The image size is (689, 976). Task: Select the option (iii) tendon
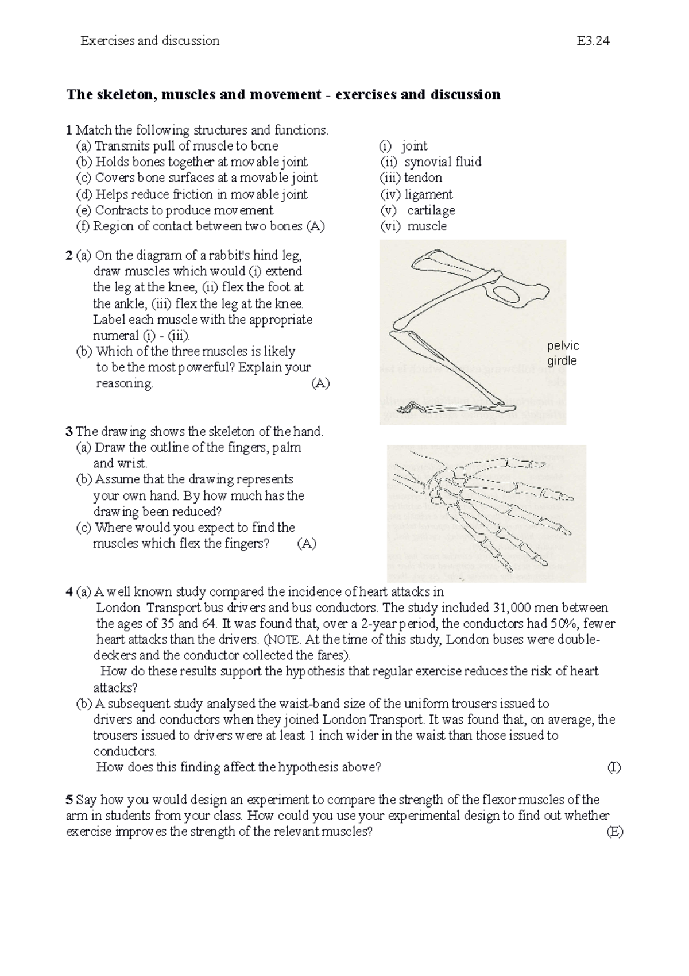pyautogui.click(x=411, y=178)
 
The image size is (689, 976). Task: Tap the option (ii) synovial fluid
pyautogui.click(x=431, y=162)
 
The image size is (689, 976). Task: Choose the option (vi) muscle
pyautogui.click(x=413, y=226)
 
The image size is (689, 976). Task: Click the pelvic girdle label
pyautogui.click(x=563, y=353)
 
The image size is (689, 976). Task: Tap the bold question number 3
pyautogui.click(x=69, y=432)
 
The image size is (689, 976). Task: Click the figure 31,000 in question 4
pyautogui.click(x=512, y=608)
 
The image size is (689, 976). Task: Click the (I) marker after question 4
pyautogui.click(x=614, y=767)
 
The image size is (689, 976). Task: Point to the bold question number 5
pyautogui.click(x=69, y=800)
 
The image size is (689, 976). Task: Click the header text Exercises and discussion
pyautogui.click(x=150, y=41)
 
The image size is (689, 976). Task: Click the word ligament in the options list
pyautogui.click(x=428, y=194)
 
